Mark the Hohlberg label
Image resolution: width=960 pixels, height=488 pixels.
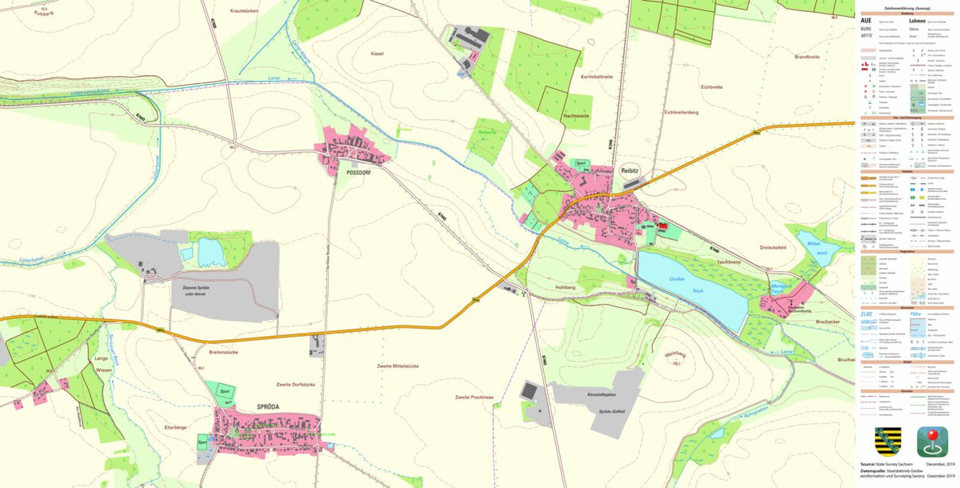point(565,286)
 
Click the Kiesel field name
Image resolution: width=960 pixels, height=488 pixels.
point(378,54)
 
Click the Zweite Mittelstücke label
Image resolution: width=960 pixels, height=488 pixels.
point(397,366)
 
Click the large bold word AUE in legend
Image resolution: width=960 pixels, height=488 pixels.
point(866,20)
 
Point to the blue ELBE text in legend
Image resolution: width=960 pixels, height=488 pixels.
point(866,314)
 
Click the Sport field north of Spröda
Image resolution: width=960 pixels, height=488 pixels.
point(226,393)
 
